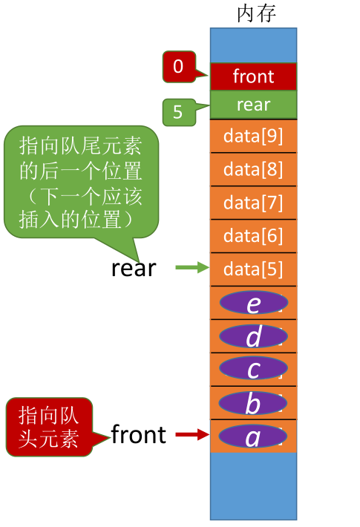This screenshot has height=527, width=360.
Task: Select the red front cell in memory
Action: tap(253, 76)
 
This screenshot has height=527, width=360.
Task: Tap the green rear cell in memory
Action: tap(253, 105)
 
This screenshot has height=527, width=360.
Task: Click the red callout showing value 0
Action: tap(177, 67)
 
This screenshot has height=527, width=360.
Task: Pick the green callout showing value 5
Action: tap(178, 113)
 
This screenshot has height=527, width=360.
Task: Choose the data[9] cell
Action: tap(253, 136)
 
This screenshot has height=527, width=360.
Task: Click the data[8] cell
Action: tap(253, 169)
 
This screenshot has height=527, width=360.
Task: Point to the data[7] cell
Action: tap(253, 203)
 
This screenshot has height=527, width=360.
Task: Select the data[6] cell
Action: tap(253, 236)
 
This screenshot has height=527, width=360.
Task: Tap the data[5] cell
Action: tap(253, 269)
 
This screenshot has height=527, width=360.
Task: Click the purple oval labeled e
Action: tap(253, 303)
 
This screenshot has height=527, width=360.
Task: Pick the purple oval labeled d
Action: tap(253, 336)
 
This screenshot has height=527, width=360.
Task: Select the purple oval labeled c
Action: tap(253, 369)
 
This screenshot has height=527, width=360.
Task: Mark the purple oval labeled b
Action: tap(253, 403)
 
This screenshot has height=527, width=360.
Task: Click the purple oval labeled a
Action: tap(253, 436)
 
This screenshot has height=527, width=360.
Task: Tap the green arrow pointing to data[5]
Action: tap(192, 268)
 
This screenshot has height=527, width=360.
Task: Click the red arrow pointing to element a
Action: tap(192, 436)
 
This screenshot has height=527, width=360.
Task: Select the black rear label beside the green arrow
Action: tap(134, 268)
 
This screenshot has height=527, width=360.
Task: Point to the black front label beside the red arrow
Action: tap(138, 435)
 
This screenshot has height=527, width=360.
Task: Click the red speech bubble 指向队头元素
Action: tap(49, 426)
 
